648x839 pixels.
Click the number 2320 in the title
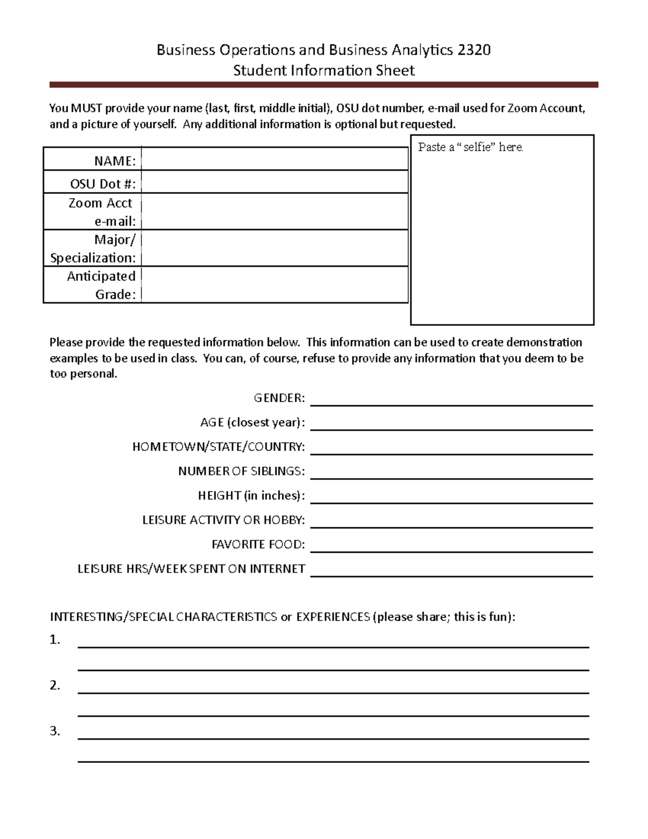(474, 50)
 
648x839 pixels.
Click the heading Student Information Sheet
(323, 71)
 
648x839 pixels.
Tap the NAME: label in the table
(114, 161)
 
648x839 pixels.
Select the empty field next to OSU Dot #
(274, 183)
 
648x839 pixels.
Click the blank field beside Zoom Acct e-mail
(274, 212)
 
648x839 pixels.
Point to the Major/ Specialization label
(93, 249)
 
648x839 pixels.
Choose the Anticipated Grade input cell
(274, 285)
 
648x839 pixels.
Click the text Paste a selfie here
(470, 147)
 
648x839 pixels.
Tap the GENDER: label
(279, 398)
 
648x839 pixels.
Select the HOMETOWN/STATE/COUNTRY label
(219, 447)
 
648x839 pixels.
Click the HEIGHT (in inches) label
(251, 495)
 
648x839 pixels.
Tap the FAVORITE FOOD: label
(258, 544)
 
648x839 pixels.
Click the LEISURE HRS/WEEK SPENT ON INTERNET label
(191, 569)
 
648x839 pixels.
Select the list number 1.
(55, 640)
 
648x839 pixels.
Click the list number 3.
(55, 731)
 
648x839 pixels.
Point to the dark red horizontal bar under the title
(323, 85)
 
